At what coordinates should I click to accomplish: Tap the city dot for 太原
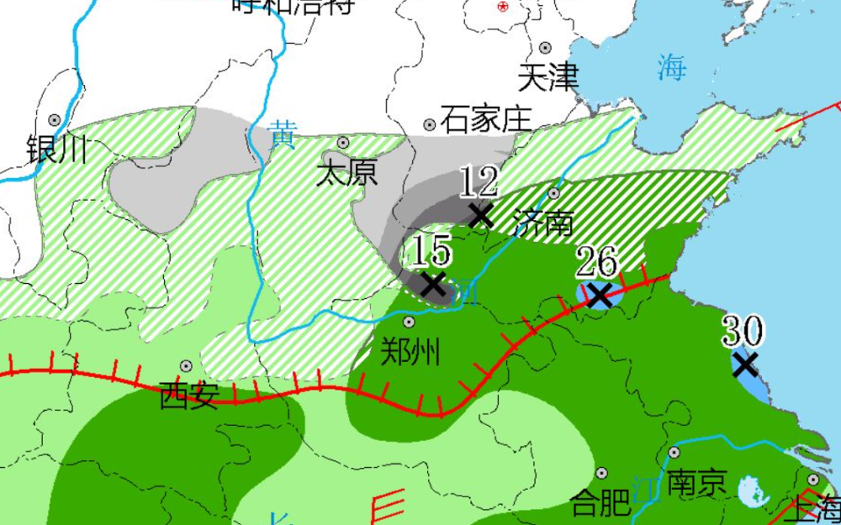[x=343, y=142]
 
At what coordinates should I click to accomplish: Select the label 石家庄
[x=485, y=118]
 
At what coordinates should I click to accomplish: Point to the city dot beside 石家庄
[x=430, y=124]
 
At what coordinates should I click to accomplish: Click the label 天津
[x=548, y=78]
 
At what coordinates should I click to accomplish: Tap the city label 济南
[x=543, y=223]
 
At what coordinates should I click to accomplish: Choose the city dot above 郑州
[x=409, y=322]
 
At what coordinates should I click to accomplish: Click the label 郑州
[x=410, y=352]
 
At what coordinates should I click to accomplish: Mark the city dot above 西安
[x=186, y=366]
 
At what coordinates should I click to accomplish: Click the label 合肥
[x=600, y=503]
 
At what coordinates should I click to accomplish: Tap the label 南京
[x=696, y=482]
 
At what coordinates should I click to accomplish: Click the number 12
[x=479, y=181]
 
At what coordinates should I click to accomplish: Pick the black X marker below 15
[x=432, y=283]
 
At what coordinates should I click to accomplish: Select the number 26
[x=597, y=262]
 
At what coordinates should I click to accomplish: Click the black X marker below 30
[x=744, y=365]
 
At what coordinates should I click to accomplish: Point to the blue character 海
[x=672, y=66]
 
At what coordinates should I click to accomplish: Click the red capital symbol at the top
[x=503, y=6]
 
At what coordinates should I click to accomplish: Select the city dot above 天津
[x=546, y=48]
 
